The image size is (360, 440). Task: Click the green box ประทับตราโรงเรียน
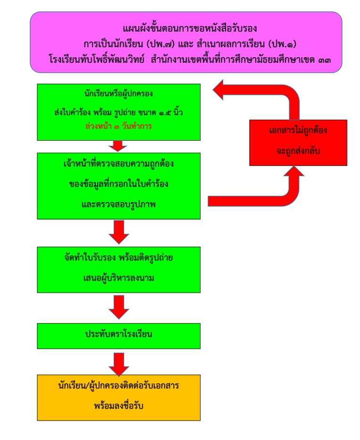[121, 335]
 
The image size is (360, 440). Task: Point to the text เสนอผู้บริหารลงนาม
[121, 278]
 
